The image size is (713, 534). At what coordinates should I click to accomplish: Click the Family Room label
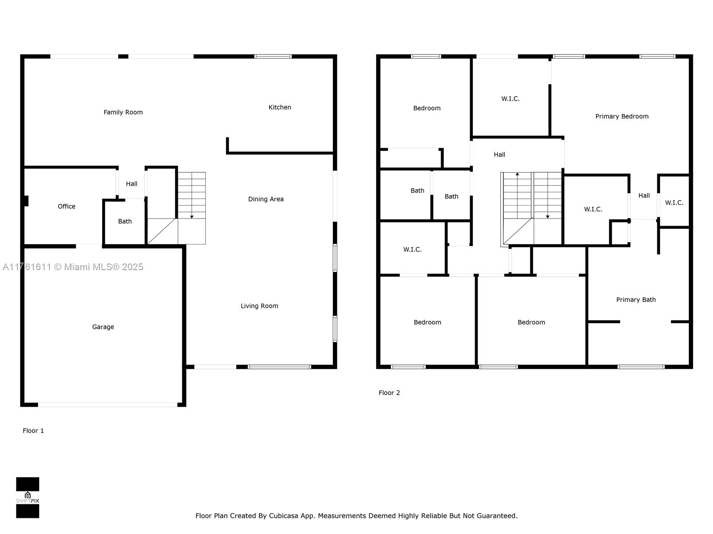[123, 112]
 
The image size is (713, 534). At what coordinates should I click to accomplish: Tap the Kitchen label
[280, 107]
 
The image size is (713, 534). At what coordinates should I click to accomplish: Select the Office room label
[66, 206]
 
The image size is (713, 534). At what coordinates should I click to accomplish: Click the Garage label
[103, 327]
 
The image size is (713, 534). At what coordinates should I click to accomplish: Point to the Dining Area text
[266, 199]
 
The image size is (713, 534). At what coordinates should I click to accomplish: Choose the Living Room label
[259, 306]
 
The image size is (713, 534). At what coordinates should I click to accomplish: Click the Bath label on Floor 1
[125, 221]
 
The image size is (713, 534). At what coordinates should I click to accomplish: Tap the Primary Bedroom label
[622, 116]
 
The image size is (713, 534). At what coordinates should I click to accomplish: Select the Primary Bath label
[635, 299]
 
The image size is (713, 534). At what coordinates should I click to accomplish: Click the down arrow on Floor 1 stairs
[192, 216]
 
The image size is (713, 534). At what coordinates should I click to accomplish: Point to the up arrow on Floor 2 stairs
[517, 174]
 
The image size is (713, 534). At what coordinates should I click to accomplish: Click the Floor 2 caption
[389, 392]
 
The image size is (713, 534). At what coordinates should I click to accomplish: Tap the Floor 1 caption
[33, 430]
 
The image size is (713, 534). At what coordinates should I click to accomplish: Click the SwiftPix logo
[28, 498]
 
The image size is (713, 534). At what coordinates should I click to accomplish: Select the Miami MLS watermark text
[73, 267]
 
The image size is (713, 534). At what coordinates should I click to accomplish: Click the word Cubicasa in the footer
[283, 516]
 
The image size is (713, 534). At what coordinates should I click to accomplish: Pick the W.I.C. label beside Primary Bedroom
[510, 99]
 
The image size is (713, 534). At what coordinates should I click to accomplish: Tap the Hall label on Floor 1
[131, 184]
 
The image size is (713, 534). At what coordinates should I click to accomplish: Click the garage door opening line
[107, 405]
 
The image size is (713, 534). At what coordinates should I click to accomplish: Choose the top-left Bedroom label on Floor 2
[426, 108]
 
